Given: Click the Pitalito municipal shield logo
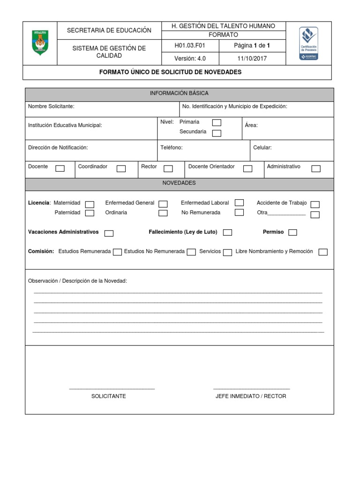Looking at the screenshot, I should click(x=40, y=43).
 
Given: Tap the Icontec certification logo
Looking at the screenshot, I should click(x=308, y=43).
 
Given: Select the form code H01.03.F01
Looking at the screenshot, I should click(x=190, y=45).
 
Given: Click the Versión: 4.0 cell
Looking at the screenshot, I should click(x=190, y=59).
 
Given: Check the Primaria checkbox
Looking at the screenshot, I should click(x=217, y=122).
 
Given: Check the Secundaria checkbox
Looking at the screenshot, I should click(x=217, y=133).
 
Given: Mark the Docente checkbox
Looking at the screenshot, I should click(x=60, y=168).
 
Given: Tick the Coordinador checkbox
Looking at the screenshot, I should click(x=121, y=168).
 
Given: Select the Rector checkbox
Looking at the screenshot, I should click(x=168, y=168).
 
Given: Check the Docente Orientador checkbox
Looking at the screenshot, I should click(x=247, y=168).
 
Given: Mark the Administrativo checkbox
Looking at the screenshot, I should click(x=316, y=168).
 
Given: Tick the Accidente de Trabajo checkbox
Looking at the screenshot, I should click(x=315, y=204).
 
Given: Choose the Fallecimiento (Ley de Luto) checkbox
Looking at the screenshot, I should click(x=227, y=232).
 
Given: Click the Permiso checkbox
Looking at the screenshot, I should click(x=292, y=232).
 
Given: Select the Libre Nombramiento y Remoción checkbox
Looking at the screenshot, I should click(x=323, y=252).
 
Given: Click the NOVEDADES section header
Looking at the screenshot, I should click(x=179, y=183).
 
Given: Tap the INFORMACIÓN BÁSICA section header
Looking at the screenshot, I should click(x=179, y=94).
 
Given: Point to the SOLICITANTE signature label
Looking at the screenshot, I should click(x=109, y=396).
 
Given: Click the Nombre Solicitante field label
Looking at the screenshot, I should click(x=51, y=107).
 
